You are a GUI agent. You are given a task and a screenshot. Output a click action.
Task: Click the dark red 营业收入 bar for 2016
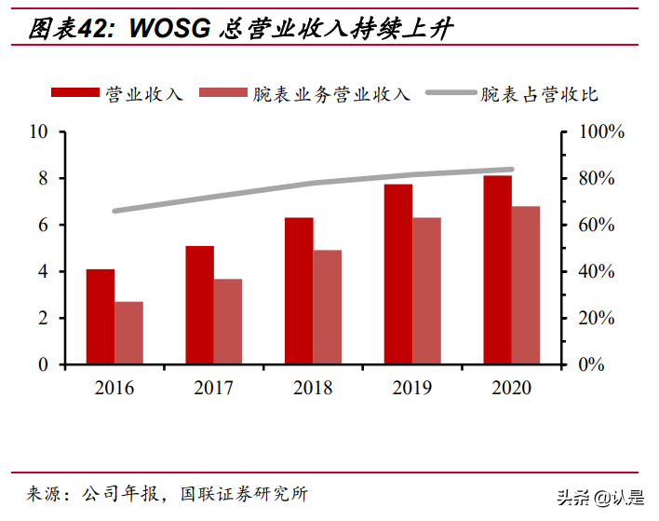tap(101, 317)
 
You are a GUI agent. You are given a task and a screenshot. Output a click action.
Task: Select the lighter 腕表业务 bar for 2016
tap(129, 333)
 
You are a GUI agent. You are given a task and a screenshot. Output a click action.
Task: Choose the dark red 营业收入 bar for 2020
tap(497, 270)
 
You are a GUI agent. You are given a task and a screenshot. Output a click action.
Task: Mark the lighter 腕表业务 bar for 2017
tap(228, 322)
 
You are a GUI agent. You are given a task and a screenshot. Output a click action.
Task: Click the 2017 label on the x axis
tap(214, 388)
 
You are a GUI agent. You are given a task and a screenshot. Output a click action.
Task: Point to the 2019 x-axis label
tap(412, 388)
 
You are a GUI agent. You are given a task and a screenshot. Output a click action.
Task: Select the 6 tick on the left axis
tap(43, 225)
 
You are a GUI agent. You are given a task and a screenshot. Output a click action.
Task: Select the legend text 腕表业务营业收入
tap(330, 93)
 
